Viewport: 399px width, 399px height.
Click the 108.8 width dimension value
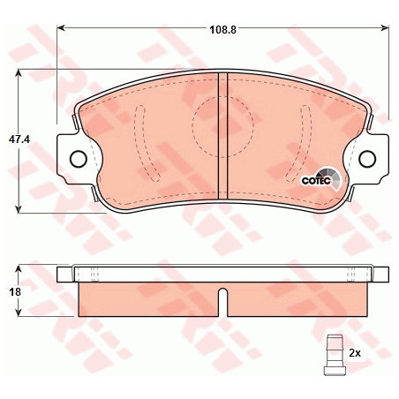click(222, 30)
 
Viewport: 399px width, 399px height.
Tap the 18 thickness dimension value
click(15, 292)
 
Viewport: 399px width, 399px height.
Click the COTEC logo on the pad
click(321, 179)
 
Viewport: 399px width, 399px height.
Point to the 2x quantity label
click(355, 352)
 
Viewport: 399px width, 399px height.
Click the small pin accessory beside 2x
click(335, 355)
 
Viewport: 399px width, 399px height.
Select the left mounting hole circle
click(79, 159)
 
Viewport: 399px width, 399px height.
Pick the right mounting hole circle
click(367, 159)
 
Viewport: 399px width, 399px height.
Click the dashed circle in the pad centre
click(222, 126)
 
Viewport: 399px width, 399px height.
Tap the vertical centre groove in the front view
click(222, 136)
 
